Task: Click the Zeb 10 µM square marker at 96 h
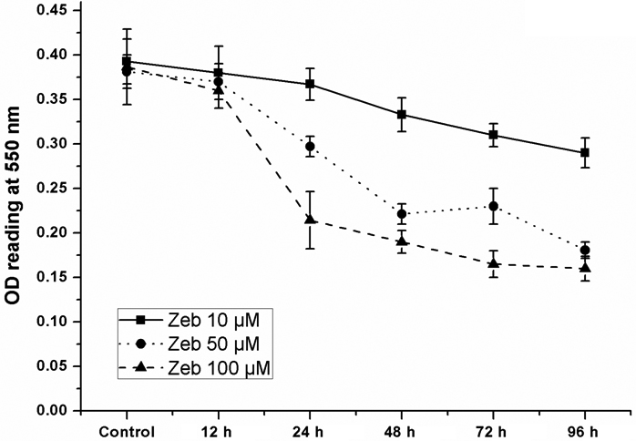(x=584, y=152)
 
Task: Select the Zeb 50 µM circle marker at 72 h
(x=493, y=206)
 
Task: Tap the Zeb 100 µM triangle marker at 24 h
(x=311, y=220)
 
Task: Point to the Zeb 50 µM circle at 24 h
(x=311, y=146)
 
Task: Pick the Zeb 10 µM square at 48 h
(x=402, y=115)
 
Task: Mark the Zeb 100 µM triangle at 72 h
(x=493, y=263)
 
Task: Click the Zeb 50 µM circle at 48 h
(x=402, y=214)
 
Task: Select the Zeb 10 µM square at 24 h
(x=311, y=84)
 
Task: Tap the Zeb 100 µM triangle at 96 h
(x=584, y=268)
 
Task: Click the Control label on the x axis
(x=128, y=431)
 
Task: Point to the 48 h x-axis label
(x=402, y=431)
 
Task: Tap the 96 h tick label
(x=584, y=431)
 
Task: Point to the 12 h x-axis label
(x=220, y=431)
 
